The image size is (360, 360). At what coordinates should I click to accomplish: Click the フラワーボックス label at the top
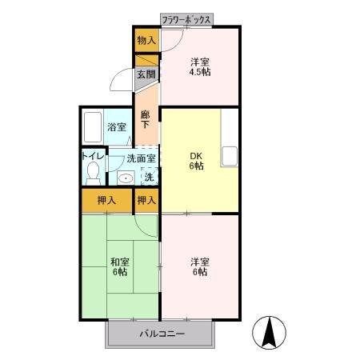[187, 18]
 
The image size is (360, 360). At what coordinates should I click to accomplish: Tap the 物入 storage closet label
[146, 40]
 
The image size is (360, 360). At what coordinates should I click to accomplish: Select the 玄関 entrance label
[145, 75]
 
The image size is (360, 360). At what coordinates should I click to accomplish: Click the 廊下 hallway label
[145, 120]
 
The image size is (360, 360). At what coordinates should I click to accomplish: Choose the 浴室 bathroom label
[117, 127]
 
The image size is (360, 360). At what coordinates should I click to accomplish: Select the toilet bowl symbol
[93, 171]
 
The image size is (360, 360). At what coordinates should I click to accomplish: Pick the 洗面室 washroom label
[128, 158]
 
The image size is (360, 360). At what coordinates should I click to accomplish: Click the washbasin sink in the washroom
[124, 178]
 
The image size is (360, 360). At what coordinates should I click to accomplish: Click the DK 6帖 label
[196, 160]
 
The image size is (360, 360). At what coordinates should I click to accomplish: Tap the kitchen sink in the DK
[230, 154]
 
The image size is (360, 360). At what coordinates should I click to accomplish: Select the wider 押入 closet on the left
[106, 199]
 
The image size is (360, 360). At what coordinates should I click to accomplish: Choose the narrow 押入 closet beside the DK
[146, 199]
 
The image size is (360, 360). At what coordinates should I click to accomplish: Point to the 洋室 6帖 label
[199, 266]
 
